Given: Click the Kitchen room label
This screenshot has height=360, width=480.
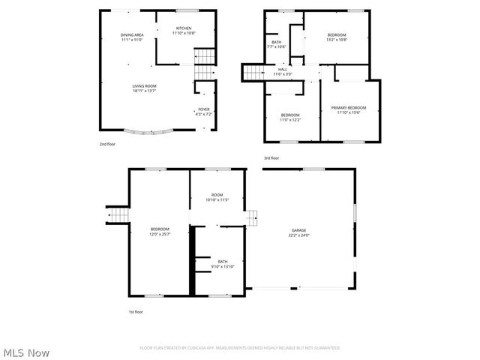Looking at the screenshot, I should point(184,31).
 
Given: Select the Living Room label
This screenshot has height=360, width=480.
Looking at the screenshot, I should point(145,88).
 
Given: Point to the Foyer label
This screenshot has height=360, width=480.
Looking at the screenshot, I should point(204,112).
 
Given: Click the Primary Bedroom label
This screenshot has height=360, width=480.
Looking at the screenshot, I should point(349,110).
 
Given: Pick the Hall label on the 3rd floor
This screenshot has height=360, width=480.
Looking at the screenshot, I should point(282,71).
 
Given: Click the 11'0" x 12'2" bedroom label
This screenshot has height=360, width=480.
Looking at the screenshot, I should point(289,118).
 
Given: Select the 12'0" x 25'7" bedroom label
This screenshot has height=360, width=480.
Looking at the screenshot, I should point(160,231).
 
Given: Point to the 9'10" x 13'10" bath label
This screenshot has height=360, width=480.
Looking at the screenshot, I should point(223,264).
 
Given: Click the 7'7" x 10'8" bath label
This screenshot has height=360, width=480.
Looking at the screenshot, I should point(277,44).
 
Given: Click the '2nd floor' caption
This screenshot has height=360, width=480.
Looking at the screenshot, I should point(107,144).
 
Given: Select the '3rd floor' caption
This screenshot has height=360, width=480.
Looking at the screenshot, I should point(271,158).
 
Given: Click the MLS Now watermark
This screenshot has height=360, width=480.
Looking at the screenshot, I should point(27,352).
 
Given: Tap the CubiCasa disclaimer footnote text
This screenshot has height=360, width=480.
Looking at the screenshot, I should point(240,348).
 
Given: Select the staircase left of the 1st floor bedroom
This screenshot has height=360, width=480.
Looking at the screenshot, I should point(118,215).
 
